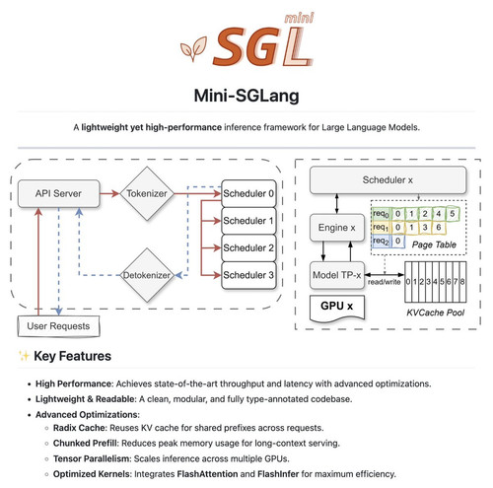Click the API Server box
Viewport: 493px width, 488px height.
(58, 193)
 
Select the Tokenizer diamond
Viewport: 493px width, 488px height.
(147, 193)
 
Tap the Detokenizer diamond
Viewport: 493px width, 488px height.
(147, 275)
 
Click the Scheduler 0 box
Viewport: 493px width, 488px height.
(248, 193)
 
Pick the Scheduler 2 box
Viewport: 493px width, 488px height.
(248, 247)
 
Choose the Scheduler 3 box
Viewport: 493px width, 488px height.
(248, 275)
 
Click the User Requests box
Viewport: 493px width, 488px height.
(58, 326)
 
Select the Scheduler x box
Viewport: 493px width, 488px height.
(387, 180)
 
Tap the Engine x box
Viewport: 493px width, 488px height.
(337, 228)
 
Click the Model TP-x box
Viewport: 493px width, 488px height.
(337, 275)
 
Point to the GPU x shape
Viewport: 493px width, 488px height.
(337, 308)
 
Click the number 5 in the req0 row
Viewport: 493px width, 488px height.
(453, 214)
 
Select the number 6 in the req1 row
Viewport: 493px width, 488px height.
(439, 227)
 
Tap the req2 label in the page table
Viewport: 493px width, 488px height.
(381, 241)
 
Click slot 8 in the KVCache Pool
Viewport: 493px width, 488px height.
(462, 282)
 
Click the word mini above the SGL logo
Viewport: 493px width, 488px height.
(299, 19)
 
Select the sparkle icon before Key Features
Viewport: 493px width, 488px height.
(24, 356)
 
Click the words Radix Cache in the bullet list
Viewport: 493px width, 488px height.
(80, 428)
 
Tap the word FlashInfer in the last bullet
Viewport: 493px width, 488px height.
(278, 474)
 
